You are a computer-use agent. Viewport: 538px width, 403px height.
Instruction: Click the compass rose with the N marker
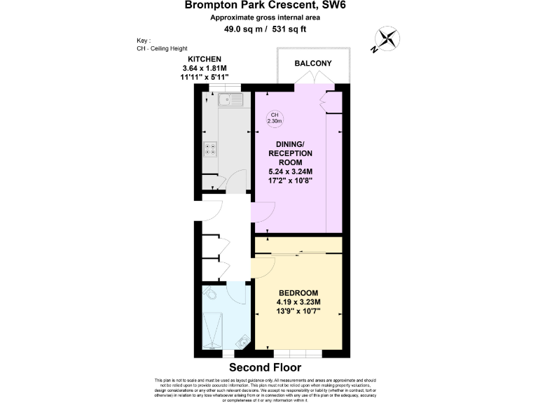385,39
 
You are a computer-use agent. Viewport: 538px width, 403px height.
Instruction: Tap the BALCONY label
312,64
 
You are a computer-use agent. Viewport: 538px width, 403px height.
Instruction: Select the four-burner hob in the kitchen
209,148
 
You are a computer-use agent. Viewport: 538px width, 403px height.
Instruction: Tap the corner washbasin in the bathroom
242,341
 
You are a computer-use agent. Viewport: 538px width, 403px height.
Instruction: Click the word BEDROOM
298,293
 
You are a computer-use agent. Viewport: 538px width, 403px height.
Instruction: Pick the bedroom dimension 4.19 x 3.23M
298,302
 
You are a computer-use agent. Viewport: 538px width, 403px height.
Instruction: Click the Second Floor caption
265,367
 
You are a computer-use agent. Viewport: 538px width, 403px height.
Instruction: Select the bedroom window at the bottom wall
294,352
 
